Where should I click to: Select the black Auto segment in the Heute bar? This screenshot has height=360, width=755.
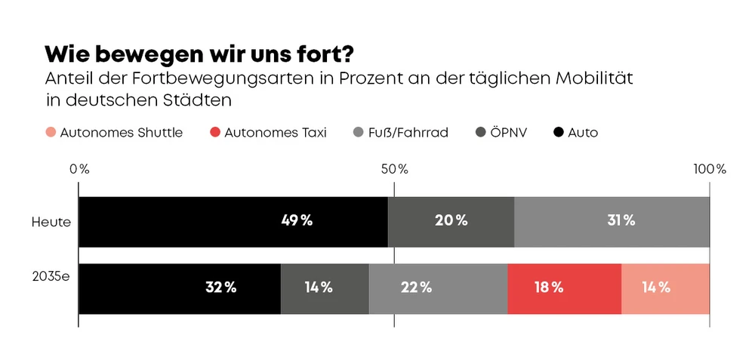click(233, 221)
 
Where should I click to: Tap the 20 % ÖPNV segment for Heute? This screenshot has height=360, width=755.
click(451, 221)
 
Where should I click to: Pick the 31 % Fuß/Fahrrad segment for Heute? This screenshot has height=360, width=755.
click(612, 221)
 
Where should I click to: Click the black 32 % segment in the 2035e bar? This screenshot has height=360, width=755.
click(180, 288)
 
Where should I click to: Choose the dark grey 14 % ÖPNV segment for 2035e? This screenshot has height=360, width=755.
click(325, 288)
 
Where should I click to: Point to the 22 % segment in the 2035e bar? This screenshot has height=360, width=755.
click(438, 288)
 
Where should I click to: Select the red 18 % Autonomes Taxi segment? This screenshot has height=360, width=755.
click(564, 288)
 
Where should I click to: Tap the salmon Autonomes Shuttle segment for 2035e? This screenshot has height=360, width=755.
click(665, 288)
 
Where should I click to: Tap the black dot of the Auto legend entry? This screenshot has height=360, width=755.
click(559, 133)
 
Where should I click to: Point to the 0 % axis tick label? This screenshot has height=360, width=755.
click(79, 169)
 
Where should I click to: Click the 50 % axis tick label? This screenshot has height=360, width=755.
click(394, 169)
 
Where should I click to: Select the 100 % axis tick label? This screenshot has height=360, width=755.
click(709, 169)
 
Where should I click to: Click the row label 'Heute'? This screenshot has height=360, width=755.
click(51, 222)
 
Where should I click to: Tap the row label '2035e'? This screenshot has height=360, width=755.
click(51, 276)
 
